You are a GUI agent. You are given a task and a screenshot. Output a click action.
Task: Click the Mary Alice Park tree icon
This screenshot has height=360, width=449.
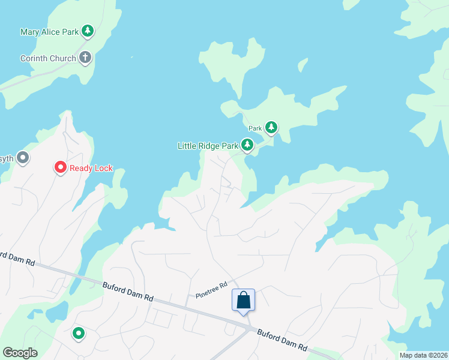tap(88, 31)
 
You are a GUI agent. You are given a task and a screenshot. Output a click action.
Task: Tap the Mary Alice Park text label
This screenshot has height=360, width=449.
tap(49, 32)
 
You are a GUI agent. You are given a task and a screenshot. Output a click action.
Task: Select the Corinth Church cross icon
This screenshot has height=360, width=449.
tap(85, 58)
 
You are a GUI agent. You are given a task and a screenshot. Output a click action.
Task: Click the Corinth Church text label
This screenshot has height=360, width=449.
tap(48, 59)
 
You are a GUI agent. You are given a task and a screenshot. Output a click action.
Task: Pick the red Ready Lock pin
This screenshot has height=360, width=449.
tap(60, 167)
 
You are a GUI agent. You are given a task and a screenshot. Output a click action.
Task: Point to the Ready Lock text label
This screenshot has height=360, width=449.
tap(91, 169)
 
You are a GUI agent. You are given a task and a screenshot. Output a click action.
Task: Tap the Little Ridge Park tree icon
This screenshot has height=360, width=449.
tap(247, 145)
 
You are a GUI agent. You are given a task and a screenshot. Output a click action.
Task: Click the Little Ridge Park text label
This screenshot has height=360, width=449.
tap(207, 146)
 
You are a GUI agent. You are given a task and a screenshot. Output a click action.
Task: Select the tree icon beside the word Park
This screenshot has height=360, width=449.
tap(271, 127)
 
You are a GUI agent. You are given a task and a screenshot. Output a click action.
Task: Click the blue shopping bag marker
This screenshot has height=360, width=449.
tap(243, 300)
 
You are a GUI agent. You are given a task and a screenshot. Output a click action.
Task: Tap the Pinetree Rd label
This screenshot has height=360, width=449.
tap(212, 290)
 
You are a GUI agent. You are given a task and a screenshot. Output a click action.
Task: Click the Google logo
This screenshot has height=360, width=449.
tap(20, 353)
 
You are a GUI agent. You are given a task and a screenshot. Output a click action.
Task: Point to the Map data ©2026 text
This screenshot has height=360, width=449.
tap(423, 355)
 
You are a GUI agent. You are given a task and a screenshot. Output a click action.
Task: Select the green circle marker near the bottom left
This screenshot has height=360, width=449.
tap(78, 333)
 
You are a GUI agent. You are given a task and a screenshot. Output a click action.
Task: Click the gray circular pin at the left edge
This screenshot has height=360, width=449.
tap(23, 158)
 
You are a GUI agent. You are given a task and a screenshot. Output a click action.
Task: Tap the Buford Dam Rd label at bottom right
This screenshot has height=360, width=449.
tap(282, 340)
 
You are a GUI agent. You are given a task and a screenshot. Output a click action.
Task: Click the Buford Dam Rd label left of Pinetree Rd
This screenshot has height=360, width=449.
tap(128, 291)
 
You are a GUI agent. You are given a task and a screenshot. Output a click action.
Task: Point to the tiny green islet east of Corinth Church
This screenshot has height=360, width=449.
tap(131, 58)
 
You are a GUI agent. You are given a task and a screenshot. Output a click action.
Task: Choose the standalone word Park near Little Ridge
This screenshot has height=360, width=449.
tap(256, 128)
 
